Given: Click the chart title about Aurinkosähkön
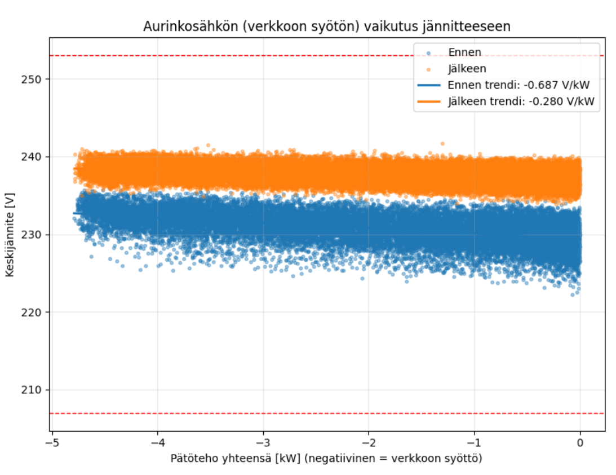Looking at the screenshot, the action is click(x=327, y=27).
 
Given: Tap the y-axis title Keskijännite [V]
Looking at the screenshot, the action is click(x=10, y=235).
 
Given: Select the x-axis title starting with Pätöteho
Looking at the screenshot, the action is click(x=326, y=459).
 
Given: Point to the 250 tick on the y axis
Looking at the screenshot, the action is click(x=31, y=80).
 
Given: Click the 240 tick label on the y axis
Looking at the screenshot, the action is click(x=31, y=157).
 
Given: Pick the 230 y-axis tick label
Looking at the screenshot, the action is click(x=31, y=235).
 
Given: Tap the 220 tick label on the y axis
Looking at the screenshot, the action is click(x=31, y=312).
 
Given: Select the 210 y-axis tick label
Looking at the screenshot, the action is click(x=31, y=390).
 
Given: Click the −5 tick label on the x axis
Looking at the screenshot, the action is click(x=52, y=443).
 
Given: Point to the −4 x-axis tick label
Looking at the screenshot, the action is click(x=158, y=443).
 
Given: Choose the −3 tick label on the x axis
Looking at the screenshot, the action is click(x=263, y=443).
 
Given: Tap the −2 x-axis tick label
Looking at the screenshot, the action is click(x=369, y=443).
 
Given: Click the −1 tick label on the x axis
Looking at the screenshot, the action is click(x=474, y=443).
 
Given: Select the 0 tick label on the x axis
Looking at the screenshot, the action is click(x=580, y=443).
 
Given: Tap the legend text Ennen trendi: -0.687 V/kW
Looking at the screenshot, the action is click(x=518, y=85).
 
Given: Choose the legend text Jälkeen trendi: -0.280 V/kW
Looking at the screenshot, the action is click(x=521, y=102).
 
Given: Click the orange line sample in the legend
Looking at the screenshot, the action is click(x=428, y=102).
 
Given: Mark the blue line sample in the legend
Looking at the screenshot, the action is click(x=428, y=85).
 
